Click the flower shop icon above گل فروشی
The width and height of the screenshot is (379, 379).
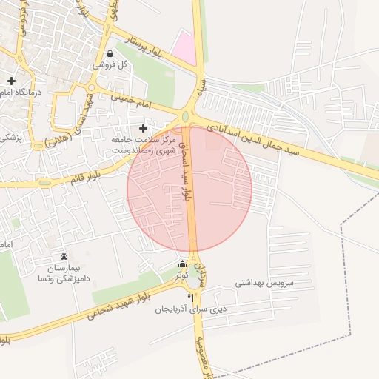coord(110,53)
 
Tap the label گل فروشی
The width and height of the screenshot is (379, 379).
coord(110,65)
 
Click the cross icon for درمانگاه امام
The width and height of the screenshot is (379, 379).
coord(11,80)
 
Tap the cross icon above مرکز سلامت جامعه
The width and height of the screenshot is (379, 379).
coord(143,128)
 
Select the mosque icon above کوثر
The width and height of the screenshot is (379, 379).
coord(182,265)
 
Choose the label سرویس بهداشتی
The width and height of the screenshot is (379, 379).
coord(264,283)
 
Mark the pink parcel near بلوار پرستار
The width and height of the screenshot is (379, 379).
coord(184,47)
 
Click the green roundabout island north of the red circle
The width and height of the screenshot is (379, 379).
coord(185,116)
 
